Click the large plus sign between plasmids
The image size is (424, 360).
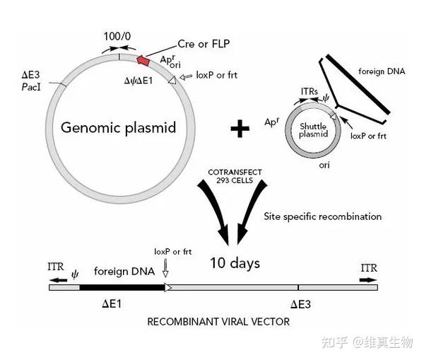[x=241, y=128]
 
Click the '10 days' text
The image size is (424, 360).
[x=235, y=263]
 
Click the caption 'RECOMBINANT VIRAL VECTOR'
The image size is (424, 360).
[x=218, y=322]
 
